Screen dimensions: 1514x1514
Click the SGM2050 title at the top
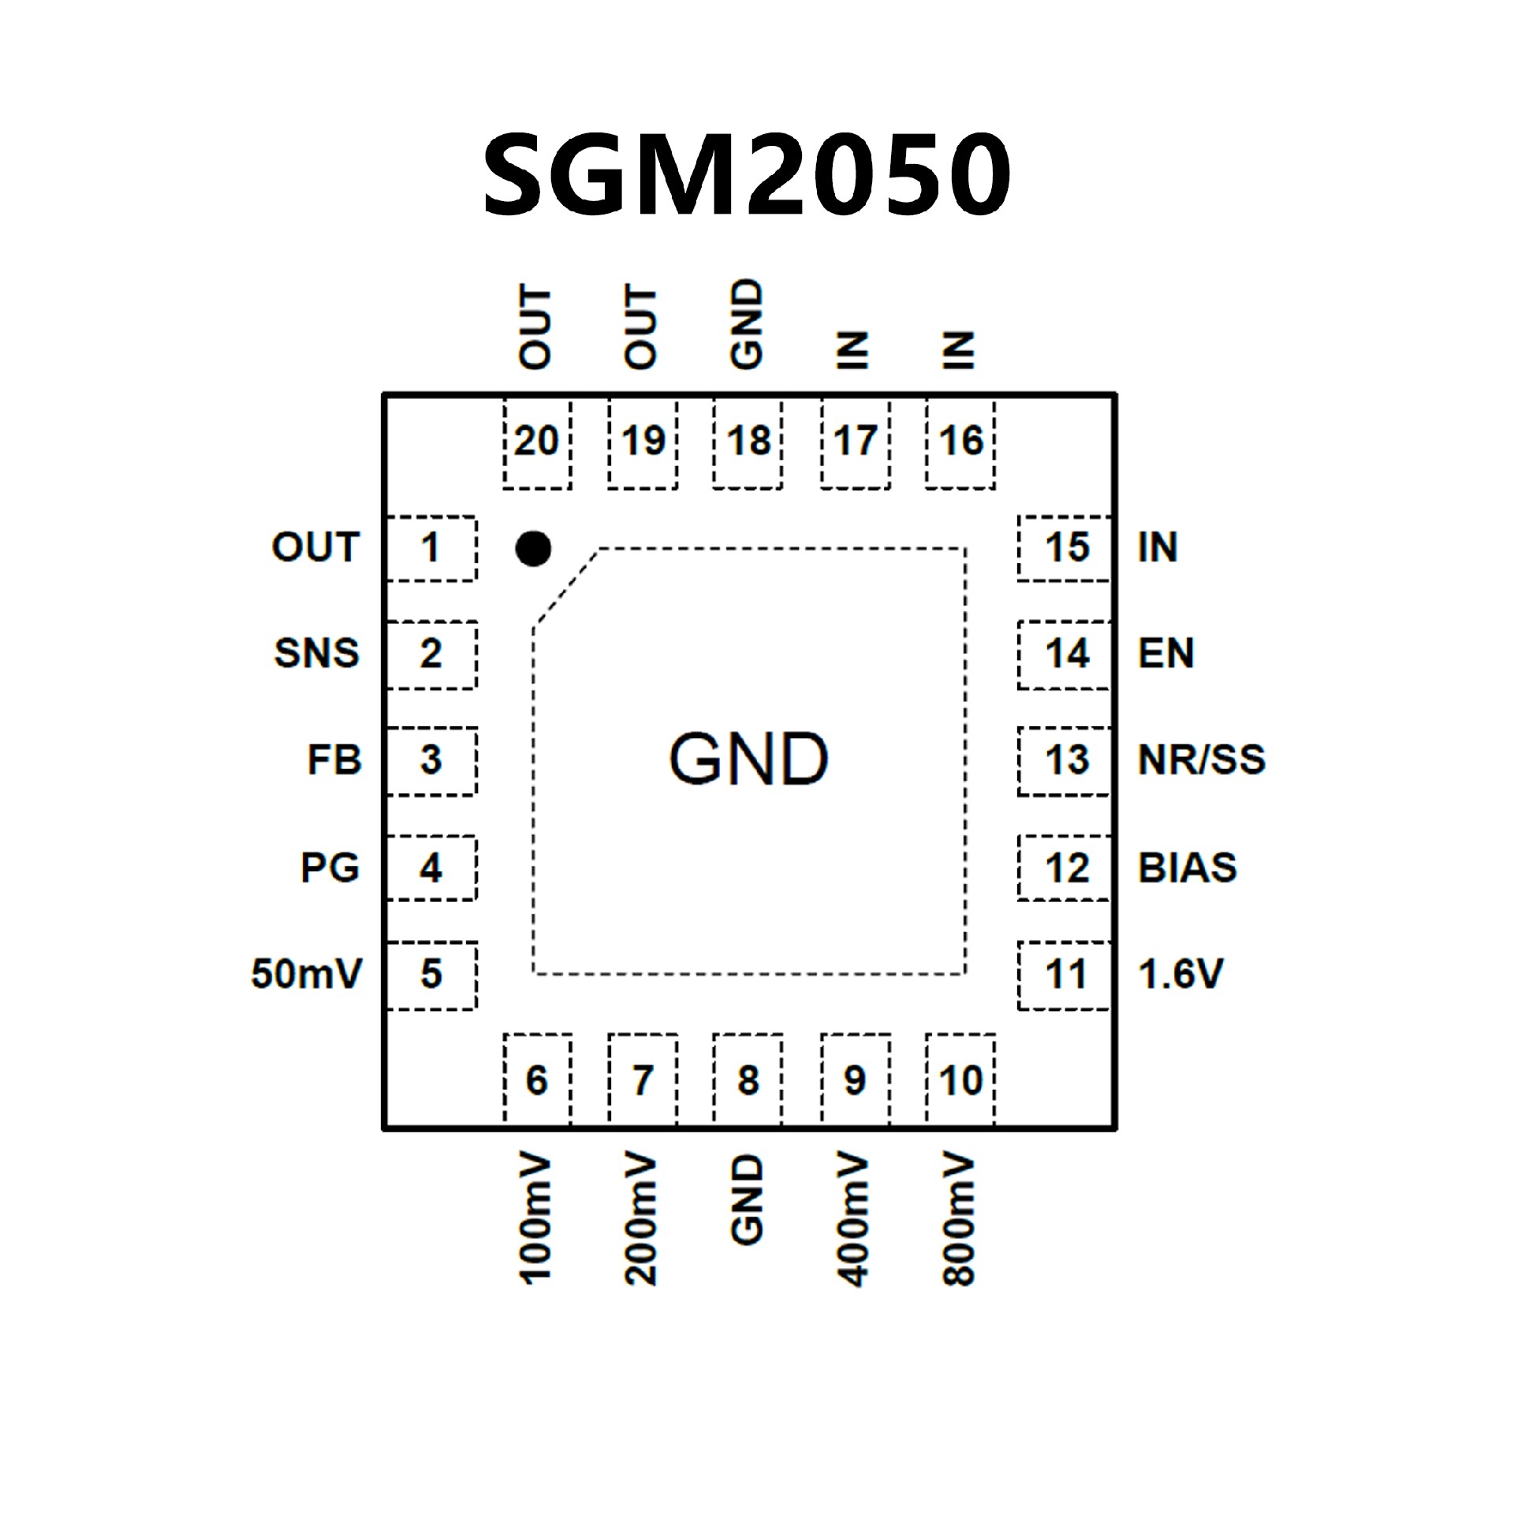[x=746, y=174]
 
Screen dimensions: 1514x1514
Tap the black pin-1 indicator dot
[x=532, y=549]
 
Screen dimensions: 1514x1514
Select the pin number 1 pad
[x=431, y=548]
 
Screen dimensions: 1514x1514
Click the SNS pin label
[x=316, y=653]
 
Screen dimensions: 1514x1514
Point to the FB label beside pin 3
[x=334, y=760]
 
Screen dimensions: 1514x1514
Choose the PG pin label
[x=330, y=867]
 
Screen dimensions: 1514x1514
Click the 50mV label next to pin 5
[x=306, y=974]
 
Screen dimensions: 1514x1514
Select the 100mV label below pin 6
[x=535, y=1221]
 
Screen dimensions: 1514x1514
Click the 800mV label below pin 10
[x=959, y=1221]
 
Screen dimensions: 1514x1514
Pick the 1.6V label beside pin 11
[x=1180, y=974]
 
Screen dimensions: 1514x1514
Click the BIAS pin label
[x=1187, y=867]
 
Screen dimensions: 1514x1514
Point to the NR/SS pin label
[x=1201, y=760]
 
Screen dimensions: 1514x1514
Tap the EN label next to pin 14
[x=1165, y=653]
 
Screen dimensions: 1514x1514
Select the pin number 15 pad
[x=1066, y=548]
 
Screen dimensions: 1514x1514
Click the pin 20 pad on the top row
[x=536, y=442]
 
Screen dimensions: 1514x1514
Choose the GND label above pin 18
[x=747, y=324]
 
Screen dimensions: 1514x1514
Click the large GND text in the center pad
[x=748, y=759]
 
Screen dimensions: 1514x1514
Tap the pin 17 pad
[x=855, y=442]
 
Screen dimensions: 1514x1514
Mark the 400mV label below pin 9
[x=853, y=1221]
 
